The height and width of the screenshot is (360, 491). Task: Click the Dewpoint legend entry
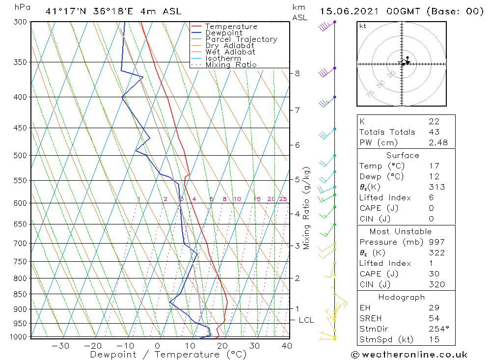pos(223,33)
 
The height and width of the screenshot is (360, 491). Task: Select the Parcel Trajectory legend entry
pos(241,39)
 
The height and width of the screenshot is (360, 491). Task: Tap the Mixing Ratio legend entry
pos(231,65)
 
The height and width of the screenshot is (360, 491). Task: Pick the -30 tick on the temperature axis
pos(60,346)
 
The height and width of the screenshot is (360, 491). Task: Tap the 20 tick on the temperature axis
pos(222,346)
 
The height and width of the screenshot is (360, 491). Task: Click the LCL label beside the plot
pos(306,320)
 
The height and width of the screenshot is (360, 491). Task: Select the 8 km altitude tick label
pos(297,74)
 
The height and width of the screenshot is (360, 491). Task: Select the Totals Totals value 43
pos(434,132)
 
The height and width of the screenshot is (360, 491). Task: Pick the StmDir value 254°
pos(436,329)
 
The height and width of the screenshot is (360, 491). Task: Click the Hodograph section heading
pos(402,298)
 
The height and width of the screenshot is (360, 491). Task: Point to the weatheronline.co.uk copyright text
pos(409,355)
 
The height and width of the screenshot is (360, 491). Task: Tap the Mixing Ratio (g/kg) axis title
pos(307,208)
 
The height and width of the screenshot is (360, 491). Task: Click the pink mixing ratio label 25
pos(283,199)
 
